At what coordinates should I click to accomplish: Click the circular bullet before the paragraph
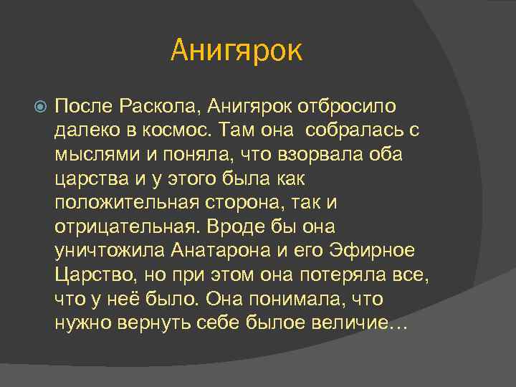click(x=42, y=107)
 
